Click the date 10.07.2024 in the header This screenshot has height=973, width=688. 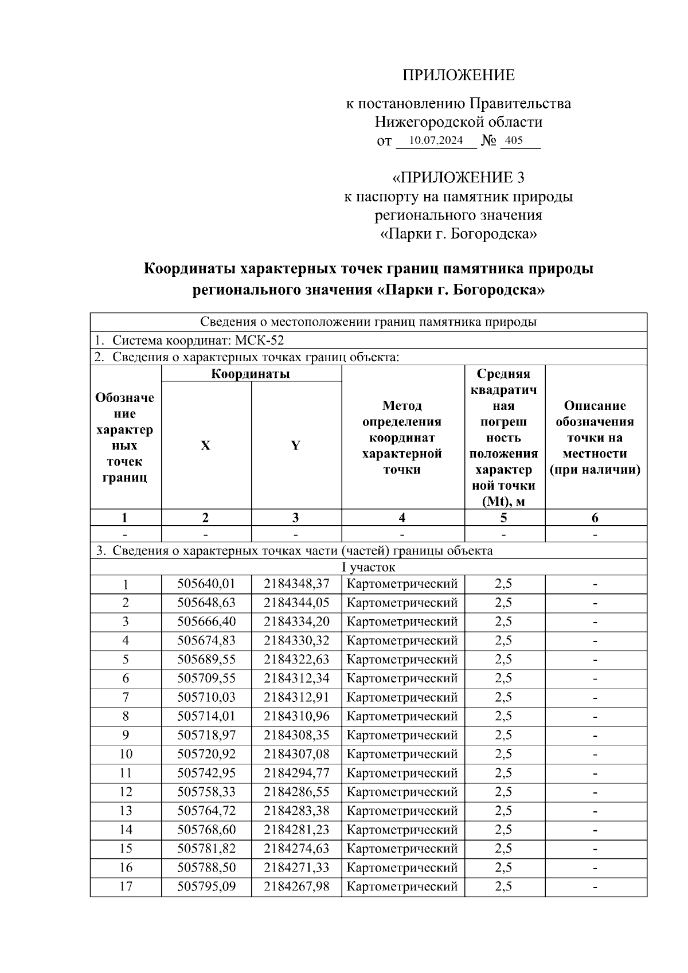tap(436, 140)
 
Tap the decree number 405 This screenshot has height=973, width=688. tap(514, 140)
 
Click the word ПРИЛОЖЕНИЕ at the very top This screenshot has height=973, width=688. tap(458, 75)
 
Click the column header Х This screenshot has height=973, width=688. tap(205, 446)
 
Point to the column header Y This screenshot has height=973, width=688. tap(295, 446)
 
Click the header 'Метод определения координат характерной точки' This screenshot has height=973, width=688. tap(402, 437)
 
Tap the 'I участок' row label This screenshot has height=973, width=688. tap(368, 568)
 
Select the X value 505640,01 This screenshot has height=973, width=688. tap(206, 584)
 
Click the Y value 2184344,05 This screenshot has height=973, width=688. tap(296, 603)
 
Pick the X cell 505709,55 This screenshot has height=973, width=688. tap(206, 679)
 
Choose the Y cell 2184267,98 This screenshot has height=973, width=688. tap(296, 886)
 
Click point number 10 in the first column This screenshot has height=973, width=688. tap(126, 755)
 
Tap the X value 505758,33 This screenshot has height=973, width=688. tap(206, 792)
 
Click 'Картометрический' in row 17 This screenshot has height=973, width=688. tap(402, 886)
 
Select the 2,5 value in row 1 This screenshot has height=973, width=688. tap(503, 584)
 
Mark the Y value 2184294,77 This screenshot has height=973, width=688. tap(296, 773)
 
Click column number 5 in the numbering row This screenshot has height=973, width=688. tap(503, 518)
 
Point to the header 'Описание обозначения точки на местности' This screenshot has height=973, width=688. tap(595, 437)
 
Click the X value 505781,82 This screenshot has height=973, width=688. tap(206, 849)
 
